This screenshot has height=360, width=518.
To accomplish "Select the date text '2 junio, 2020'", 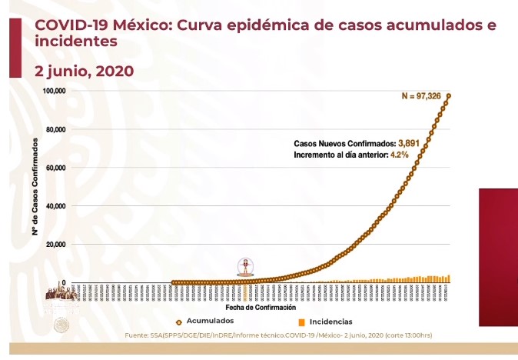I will (x=85, y=71).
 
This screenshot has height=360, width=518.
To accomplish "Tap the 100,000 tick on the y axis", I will (x=53, y=91).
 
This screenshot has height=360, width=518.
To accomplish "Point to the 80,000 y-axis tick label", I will (x=55, y=129).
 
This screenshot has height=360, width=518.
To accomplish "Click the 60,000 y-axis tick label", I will (x=55, y=168).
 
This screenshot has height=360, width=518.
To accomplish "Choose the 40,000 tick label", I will (x=55, y=206).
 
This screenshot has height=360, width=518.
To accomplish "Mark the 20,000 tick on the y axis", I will (x=55, y=245).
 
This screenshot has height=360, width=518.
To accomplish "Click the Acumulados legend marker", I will (x=179, y=322).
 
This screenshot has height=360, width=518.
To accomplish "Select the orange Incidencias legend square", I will (x=302, y=322).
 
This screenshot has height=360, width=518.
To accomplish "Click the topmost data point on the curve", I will (x=448, y=96).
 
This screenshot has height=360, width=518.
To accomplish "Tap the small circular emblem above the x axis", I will (x=245, y=267).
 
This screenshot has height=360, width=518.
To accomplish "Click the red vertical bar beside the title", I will (x=15, y=48).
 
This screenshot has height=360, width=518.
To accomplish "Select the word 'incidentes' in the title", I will (x=76, y=41).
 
